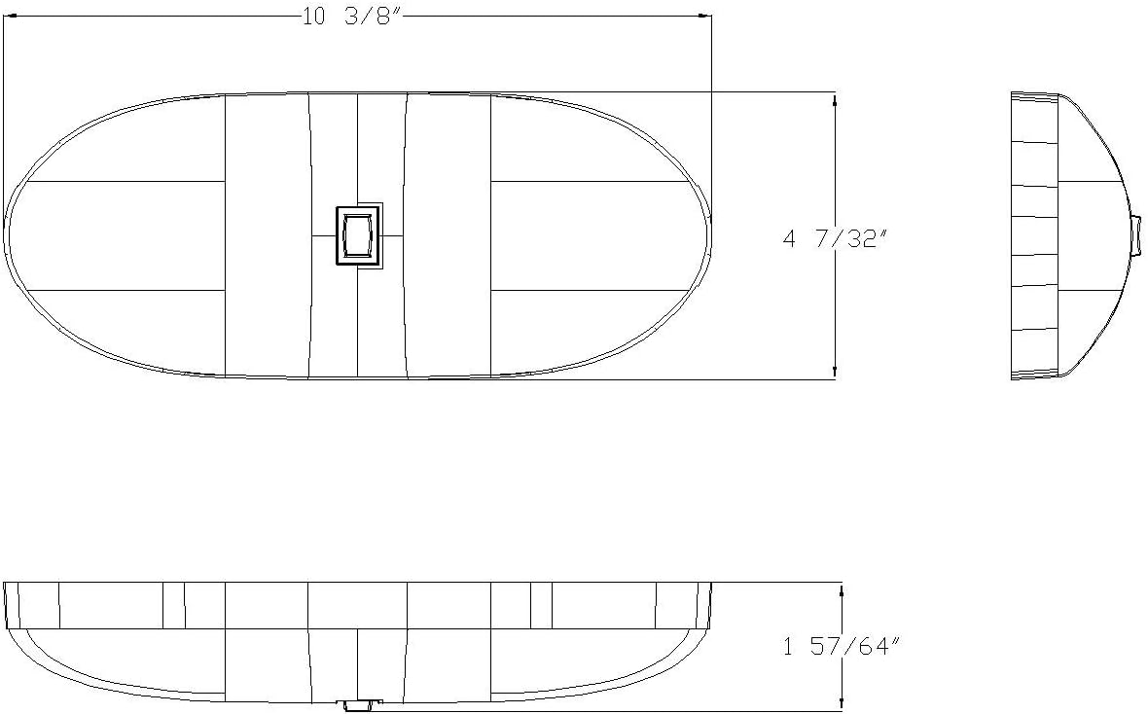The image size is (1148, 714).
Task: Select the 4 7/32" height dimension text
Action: click(x=837, y=237)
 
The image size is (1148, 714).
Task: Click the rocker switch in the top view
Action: click(x=356, y=235)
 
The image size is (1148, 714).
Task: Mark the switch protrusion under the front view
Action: click(x=358, y=704)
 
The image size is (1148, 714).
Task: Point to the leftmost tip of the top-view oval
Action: click(x=7, y=235)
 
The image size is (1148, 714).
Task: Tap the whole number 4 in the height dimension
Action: click(x=790, y=237)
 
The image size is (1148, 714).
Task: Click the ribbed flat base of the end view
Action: click(x=1033, y=235)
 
